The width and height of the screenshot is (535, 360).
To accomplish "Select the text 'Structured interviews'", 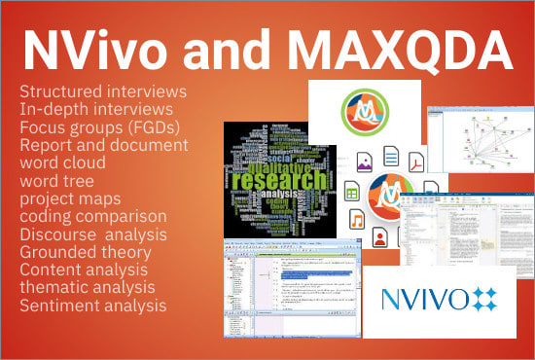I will click(x=102, y=90).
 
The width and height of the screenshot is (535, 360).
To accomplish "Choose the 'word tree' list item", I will click(x=56, y=180).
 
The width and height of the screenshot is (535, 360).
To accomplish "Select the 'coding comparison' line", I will click(x=92, y=216).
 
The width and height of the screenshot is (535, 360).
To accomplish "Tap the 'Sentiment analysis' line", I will click(x=92, y=305).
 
